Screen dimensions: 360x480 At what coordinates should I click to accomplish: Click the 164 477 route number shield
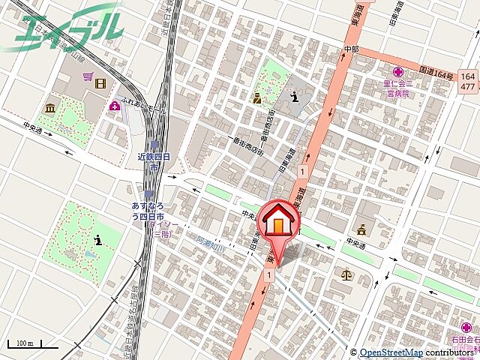tap(468, 80)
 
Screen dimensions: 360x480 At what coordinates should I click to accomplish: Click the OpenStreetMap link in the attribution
tap(390, 352)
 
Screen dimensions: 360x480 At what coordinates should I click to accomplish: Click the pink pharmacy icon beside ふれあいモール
tap(114, 105)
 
